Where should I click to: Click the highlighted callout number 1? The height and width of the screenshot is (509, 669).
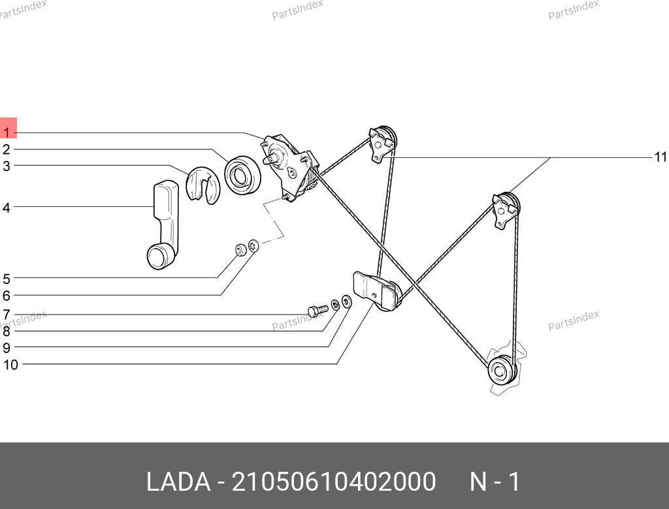7,132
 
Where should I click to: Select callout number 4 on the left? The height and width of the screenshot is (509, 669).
6,208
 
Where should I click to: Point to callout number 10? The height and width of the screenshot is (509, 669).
10,365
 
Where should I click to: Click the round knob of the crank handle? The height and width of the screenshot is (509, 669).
158,256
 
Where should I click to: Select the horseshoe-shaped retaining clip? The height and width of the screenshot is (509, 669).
203,185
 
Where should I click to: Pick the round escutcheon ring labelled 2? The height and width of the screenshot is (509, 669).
242,175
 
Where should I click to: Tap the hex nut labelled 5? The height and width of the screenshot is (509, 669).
241,249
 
